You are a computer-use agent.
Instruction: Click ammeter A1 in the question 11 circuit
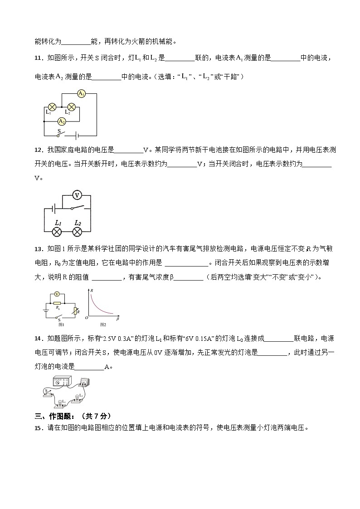click(x=82, y=94)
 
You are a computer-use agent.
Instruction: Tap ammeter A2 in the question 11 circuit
click(x=62, y=121)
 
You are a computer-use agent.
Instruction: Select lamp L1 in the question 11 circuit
click(x=52, y=107)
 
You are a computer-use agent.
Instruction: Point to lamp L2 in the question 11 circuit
click(x=71, y=107)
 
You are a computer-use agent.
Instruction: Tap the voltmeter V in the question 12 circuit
click(x=77, y=195)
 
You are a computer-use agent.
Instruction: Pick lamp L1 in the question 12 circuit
click(x=58, y=232)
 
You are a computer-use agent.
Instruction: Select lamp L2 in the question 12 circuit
click(x=77, y=232)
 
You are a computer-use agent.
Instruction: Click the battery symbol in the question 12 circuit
click(x=54, y=209)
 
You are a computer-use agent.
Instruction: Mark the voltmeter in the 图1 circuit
click(x=56, y=294)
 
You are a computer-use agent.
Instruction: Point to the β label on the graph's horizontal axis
click(x=117, y=319)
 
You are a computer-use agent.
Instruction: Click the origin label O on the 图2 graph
click(x=86, y=319)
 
